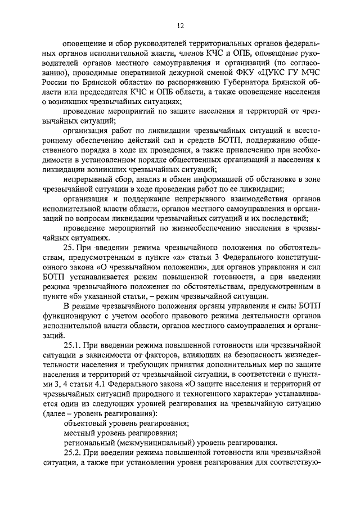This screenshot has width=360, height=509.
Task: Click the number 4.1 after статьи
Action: pos(98,386)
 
